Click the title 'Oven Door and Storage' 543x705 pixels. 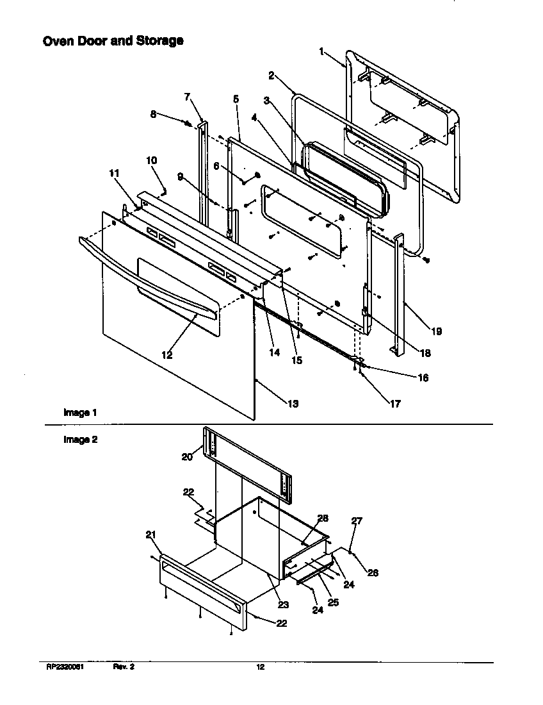(113, 41)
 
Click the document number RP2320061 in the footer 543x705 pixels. (65, 667)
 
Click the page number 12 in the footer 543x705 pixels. (260, 667)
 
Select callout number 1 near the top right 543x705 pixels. (323, 52)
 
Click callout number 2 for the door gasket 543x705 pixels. (271, 76)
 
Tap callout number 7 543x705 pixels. (187, 97)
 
